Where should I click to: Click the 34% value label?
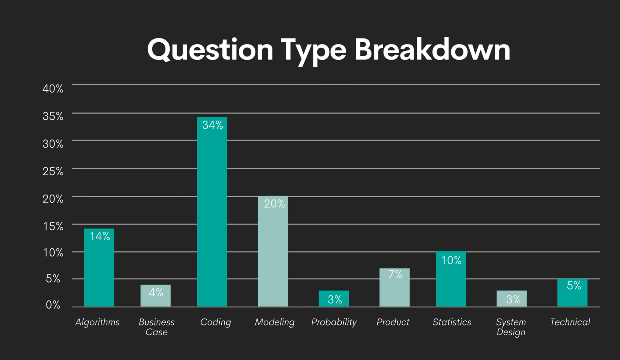point(212,125)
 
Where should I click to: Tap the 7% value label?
point(395,274)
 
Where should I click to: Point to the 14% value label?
point(100,236)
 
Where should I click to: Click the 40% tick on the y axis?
point(53,89)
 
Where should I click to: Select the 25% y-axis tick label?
point(53,171)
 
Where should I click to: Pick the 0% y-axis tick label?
point(53,305)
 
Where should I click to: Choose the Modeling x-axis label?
point(274,322)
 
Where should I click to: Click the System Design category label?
point(511,327)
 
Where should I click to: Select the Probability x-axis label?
point(334,322)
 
